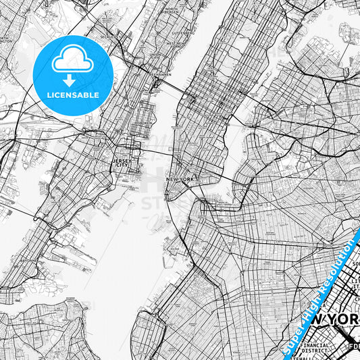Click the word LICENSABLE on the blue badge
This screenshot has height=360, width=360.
[72, 95]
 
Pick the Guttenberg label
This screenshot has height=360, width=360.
[180, 32]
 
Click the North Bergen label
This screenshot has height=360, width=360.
[170, 11]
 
